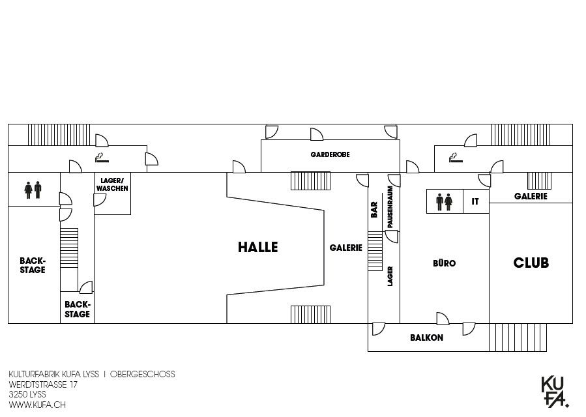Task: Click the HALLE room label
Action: pos(258,247)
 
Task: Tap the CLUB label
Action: pos(531,263)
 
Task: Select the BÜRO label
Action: pos(445,263)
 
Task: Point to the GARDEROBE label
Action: pos(330,154)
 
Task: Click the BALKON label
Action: pos(426,338)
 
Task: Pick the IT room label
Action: pos(475,201)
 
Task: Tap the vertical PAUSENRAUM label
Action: pos(390,207)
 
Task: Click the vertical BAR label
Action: pos(374,210)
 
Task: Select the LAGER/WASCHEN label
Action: pos(112,184)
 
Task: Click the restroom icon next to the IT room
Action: pos(444,202)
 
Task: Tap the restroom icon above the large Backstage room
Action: pos(33,190)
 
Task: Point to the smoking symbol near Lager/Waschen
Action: pos(102,158)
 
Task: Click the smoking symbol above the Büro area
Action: pos(456,158)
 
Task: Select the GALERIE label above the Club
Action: pos(531,196)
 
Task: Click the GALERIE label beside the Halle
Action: pos(345,248)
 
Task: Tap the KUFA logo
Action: pos(555,392)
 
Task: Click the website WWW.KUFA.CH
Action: pos(37,405)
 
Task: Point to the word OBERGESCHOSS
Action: pos(142,374)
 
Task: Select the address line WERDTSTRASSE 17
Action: pos(43,384)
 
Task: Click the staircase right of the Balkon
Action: pos(518,338)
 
